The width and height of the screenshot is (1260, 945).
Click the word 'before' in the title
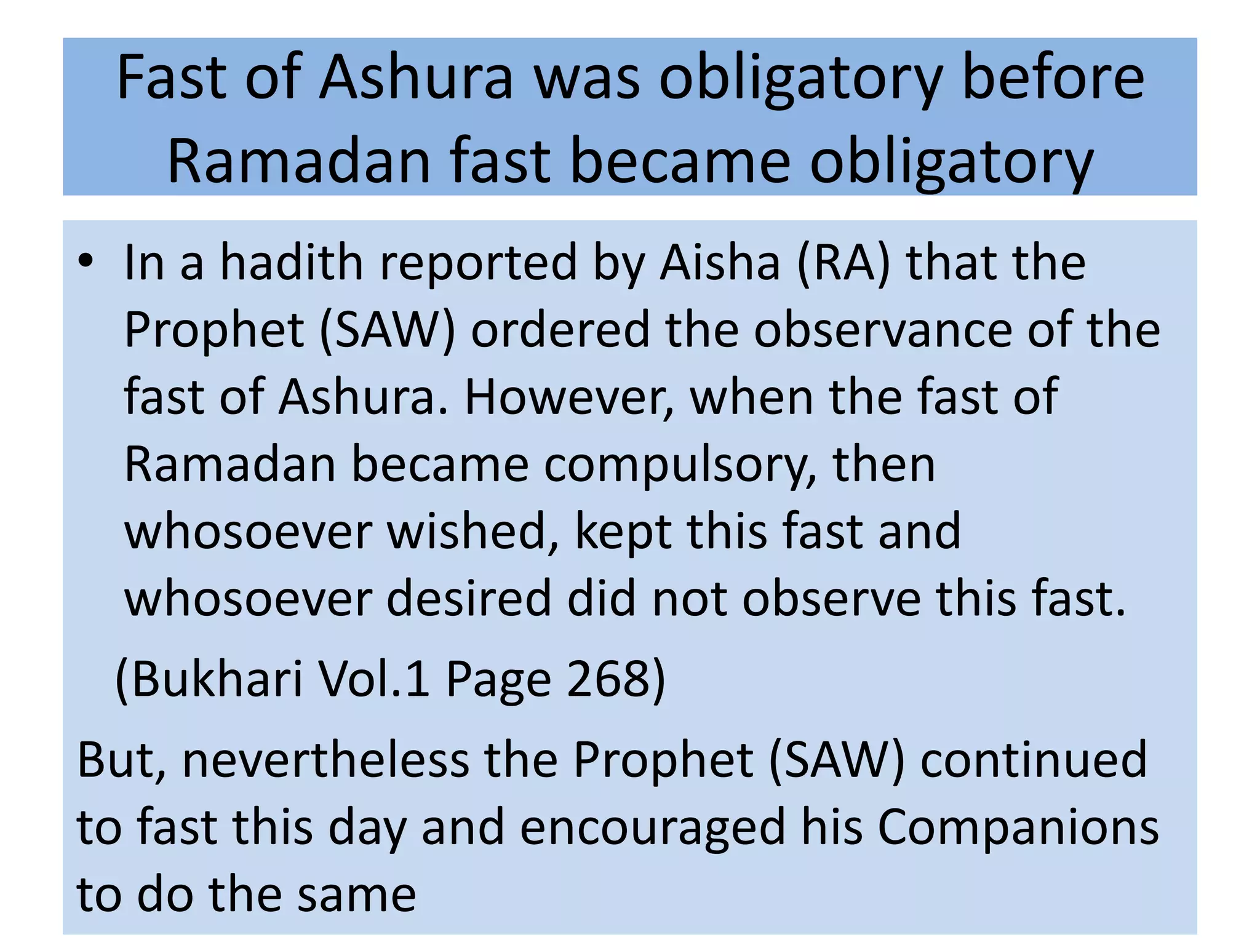[1053, 78]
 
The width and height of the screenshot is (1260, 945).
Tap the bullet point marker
[86, 261]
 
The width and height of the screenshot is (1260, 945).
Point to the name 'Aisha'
[719, 263]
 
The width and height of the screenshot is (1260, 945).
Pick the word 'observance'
[883, 330]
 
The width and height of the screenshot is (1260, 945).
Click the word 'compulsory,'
[680, 466]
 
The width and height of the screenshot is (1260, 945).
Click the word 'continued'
[1034, 760]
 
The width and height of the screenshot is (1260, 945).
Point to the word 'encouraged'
[653, 828]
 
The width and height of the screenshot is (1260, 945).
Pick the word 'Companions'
[1018, 828]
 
